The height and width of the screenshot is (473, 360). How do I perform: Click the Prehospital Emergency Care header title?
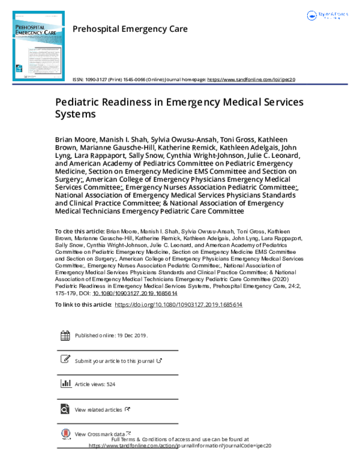pyautogui.click(x=130, y=29)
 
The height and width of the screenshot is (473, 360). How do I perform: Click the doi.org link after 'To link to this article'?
pyautogui.click(x=178, y=305)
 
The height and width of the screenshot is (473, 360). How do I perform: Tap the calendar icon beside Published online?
pyautogui.click(x=65, y=336)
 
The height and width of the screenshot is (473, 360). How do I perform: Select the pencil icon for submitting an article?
pyautogui.click(x=65, y=360)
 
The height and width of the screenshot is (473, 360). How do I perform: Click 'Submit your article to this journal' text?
pyautogui.click(x=115, y=361)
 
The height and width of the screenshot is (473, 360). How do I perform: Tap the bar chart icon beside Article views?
pyautogui.click(x=65, y=384)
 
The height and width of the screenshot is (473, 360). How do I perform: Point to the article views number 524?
pyautogui.click(x=110, y=384)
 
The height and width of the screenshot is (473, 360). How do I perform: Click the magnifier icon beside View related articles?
pyautogui.click(x=65, y=409)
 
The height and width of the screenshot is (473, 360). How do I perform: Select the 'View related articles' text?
pyautogui.click(x=98, y=409)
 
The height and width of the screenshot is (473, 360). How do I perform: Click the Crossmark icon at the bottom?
pyautogui.click(x=65, y=433)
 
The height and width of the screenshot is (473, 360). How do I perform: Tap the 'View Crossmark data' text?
pyautogui.click(x=100, y=433)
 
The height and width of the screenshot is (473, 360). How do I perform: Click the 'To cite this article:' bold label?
pyautogui.click(x=79, y=231)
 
